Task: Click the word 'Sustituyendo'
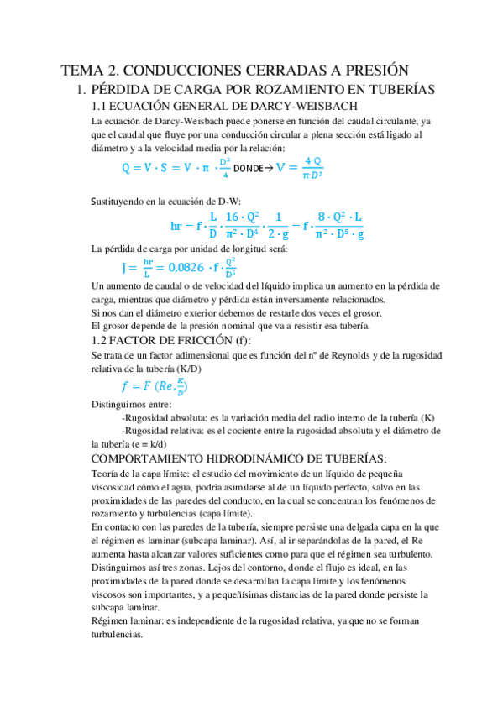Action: click(119, 201)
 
